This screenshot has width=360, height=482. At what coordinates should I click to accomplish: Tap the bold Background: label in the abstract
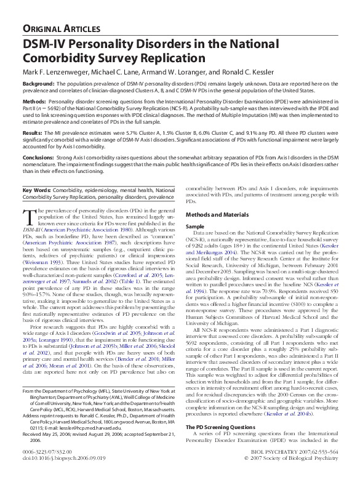(41, 83)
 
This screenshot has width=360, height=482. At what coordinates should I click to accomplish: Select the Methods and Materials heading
(216, 214)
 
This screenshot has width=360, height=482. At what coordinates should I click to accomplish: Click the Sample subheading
(196, 227)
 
